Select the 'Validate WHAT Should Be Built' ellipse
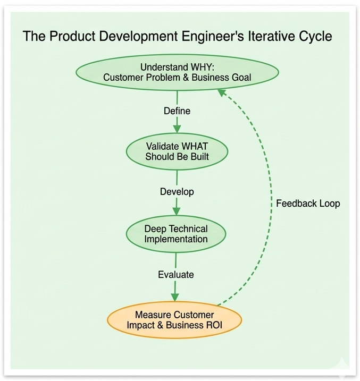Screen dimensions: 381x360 pos(177,151)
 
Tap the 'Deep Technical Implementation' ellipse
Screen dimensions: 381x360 pos(176,234)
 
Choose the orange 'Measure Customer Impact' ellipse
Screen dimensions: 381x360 pos(174,320)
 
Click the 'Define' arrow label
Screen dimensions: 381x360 pos(177,111)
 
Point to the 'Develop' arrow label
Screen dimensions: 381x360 pos(177,191)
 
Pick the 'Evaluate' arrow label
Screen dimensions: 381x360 pos(176,275)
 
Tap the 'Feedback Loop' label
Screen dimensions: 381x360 pos(308,204)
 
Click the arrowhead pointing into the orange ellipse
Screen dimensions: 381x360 pos(175,298)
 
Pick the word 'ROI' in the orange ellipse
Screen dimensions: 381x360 pos(213,325)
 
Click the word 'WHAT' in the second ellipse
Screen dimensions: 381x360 pos(192,146)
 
